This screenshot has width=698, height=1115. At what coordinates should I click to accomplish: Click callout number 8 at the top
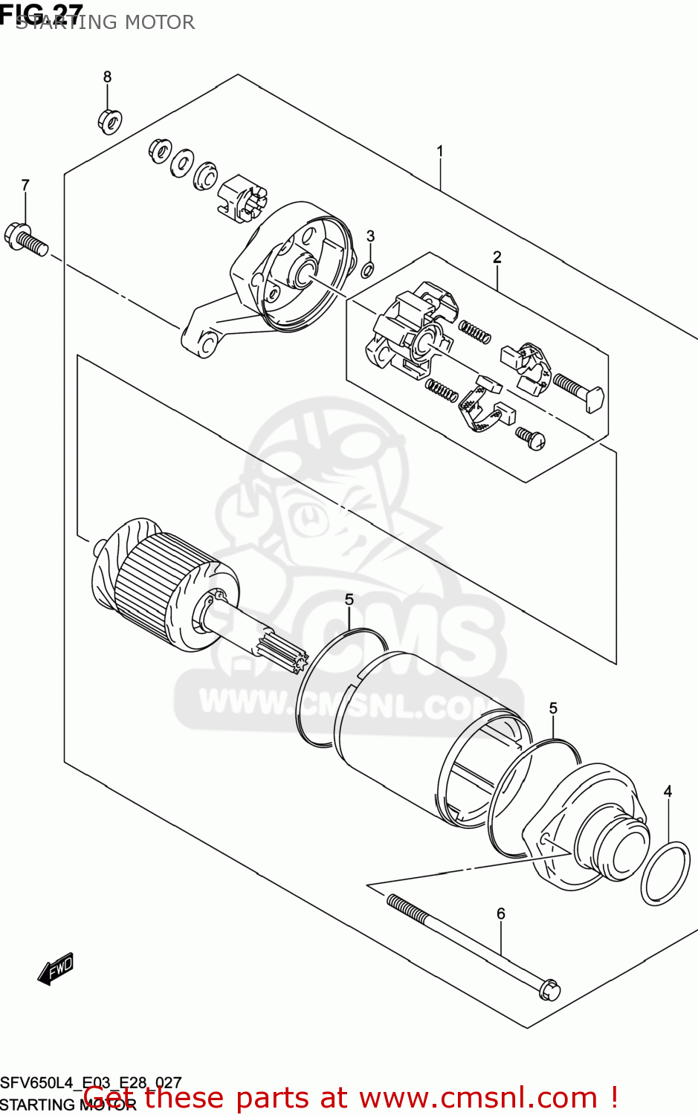107,77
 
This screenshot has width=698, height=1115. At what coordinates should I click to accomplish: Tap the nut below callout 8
109,121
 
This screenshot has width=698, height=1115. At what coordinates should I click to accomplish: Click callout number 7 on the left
25,185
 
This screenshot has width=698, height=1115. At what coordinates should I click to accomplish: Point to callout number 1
440,151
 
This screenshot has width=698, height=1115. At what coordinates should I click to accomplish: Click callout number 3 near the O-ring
370,236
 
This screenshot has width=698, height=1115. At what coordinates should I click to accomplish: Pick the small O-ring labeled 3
368,268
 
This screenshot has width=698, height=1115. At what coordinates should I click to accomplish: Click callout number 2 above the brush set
497,257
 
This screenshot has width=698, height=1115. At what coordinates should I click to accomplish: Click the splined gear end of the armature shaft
290,652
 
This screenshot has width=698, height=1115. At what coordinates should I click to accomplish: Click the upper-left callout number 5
349,599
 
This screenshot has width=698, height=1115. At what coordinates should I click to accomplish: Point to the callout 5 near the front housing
553,708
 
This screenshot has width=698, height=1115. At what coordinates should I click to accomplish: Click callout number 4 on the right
668,792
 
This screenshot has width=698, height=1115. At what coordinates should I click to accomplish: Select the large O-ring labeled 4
665,873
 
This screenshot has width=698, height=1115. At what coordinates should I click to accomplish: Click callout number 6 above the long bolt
501,914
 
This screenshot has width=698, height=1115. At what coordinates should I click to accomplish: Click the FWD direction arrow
56,969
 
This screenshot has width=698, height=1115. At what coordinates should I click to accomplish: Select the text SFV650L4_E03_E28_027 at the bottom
91,1083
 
